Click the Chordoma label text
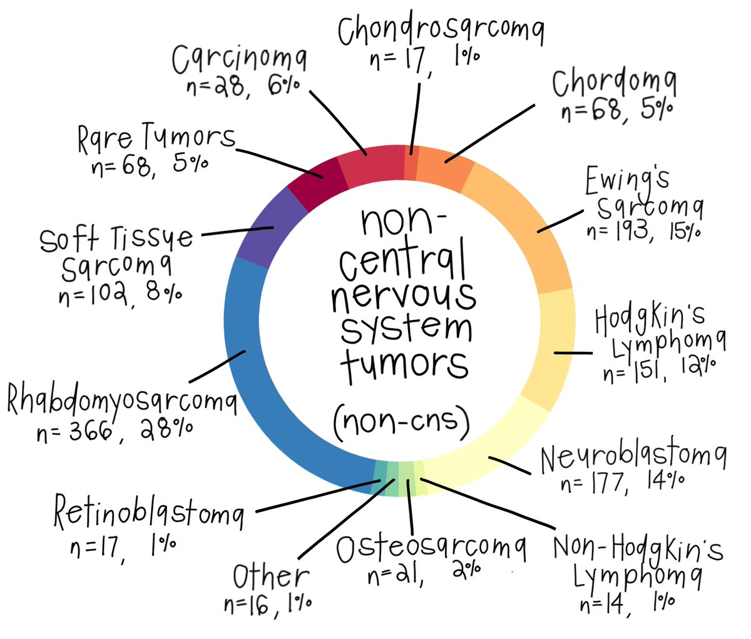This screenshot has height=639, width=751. point(614,84)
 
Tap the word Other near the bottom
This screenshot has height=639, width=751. point(270,576)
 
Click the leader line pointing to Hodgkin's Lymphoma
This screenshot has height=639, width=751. point(573,353)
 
